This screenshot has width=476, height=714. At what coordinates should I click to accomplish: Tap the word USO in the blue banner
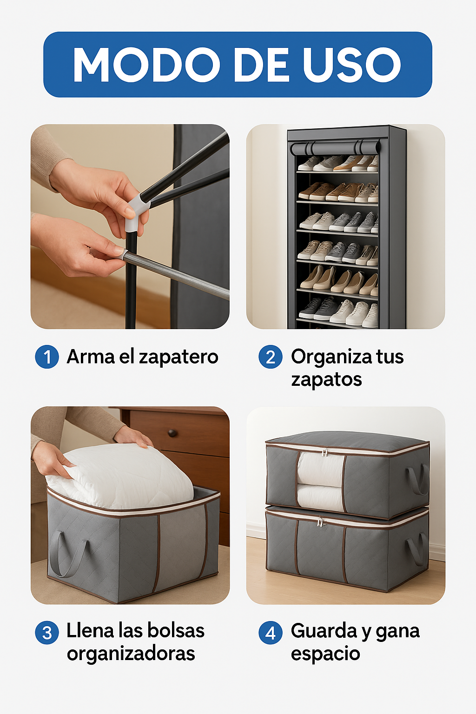[352, 65]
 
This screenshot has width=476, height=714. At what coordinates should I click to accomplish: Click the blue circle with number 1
[47, 357]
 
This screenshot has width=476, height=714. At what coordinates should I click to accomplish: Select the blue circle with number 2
[271, 357]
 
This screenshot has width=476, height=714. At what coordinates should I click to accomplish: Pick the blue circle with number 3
[47, 633]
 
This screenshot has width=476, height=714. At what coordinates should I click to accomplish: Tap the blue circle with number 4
[271, 633]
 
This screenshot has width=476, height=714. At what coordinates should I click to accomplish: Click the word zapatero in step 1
[178, 357]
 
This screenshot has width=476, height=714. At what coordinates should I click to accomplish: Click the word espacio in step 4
[325, 654]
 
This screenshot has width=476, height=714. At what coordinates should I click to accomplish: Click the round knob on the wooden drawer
[172, 433]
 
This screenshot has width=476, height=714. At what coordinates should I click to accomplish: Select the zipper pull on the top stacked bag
[325, 452]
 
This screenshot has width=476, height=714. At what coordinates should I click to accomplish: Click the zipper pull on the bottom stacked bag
[320, 522]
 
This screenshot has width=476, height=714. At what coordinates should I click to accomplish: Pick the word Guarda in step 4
[324, 631]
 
